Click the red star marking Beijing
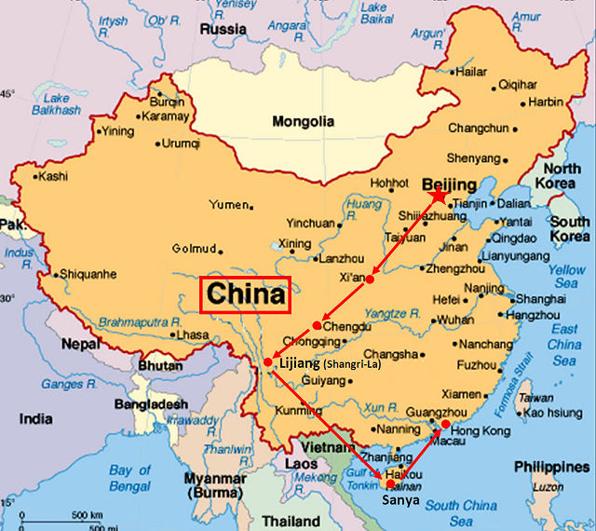438,197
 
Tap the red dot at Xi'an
370,279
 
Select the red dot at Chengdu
318,325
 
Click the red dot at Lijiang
268,361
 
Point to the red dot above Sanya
390,483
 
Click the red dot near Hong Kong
445,425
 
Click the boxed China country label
246,295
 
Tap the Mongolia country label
303,121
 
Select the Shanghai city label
540,299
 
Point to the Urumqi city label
181,143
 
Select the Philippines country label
555,466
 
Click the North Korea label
562,176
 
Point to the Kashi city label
53,175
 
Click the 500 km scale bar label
90,514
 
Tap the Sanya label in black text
400,501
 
